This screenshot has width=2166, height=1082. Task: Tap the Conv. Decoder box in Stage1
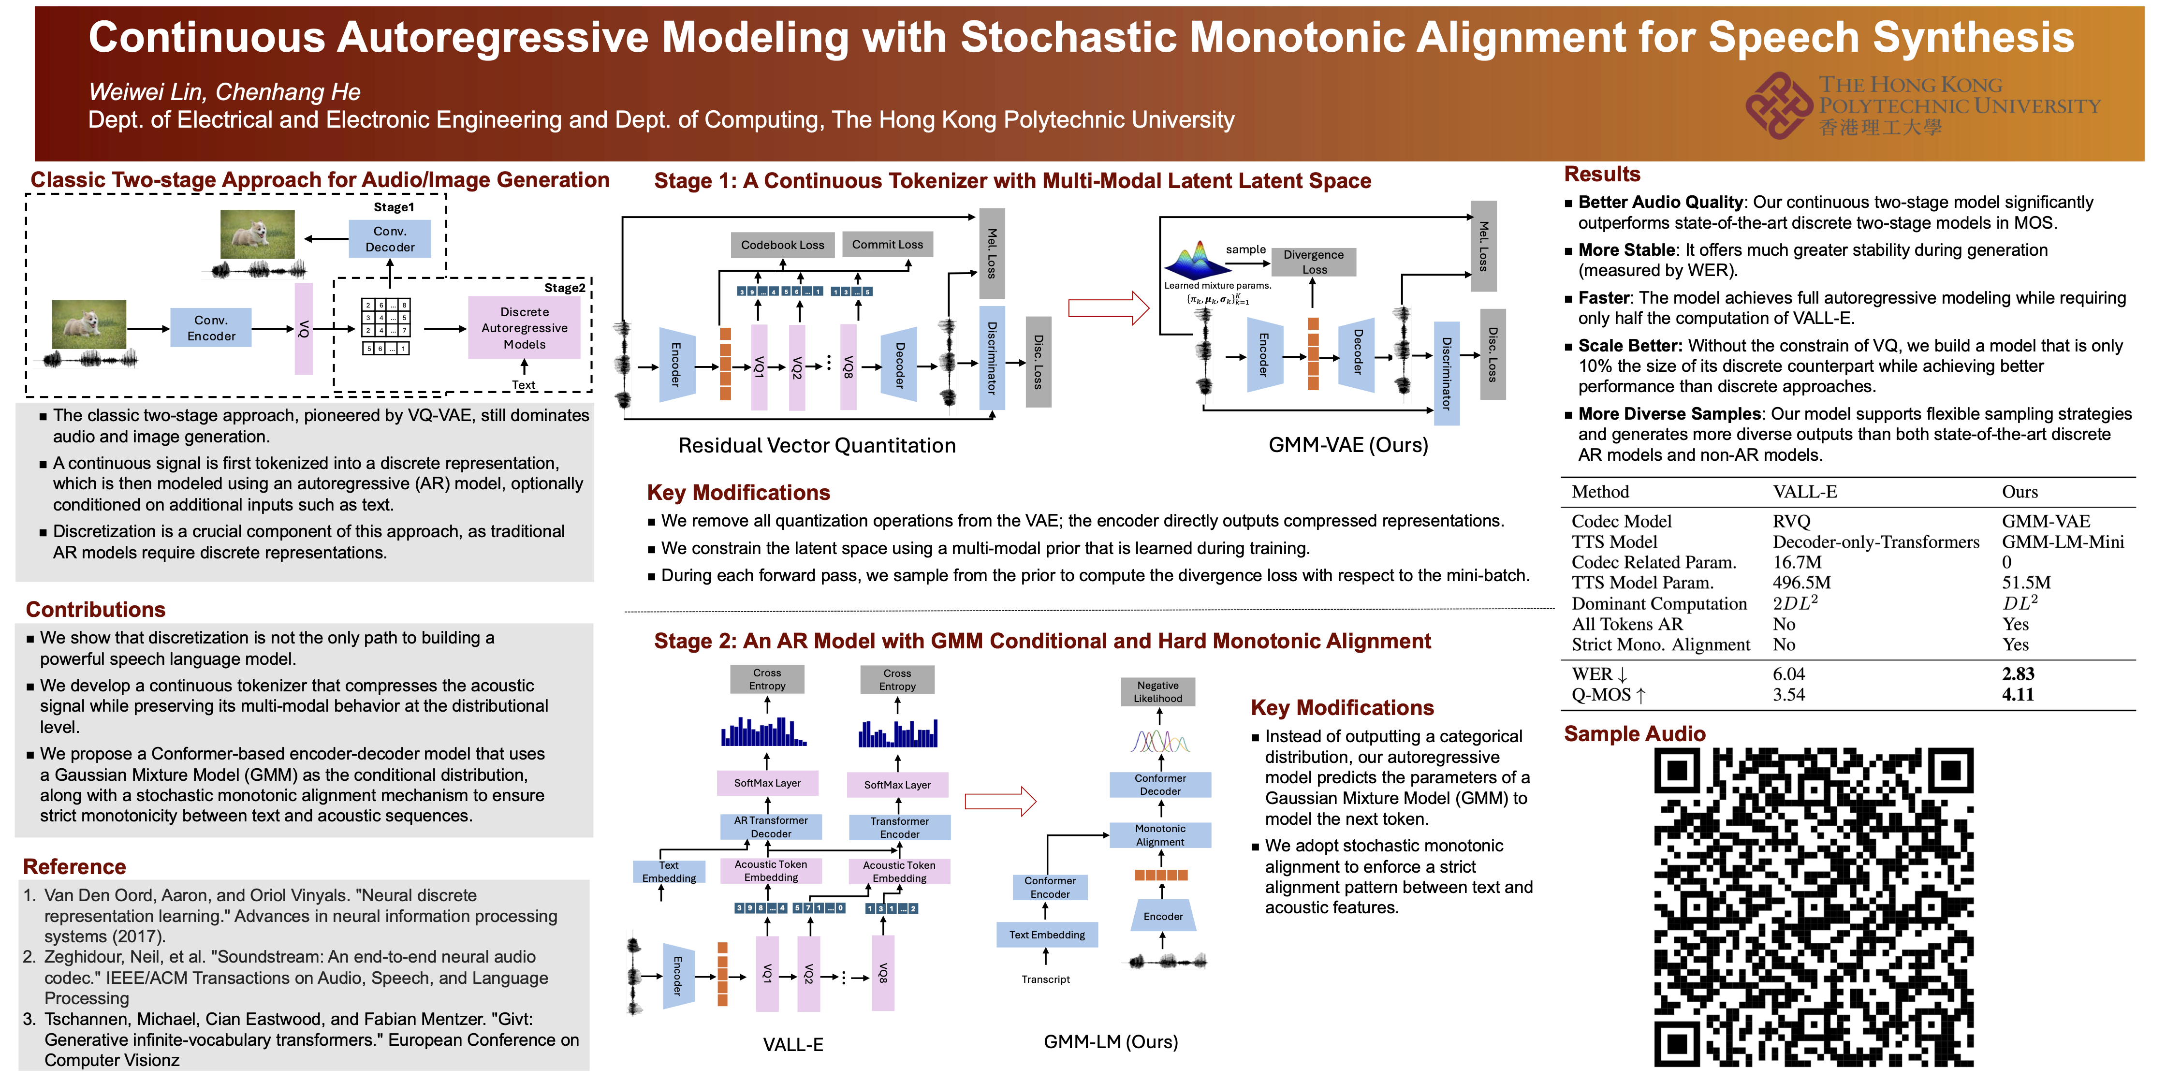[389, 239]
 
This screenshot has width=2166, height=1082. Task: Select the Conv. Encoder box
[211, 328]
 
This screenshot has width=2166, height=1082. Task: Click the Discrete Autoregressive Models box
[524, 328]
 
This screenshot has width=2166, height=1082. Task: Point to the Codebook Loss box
[782, 245]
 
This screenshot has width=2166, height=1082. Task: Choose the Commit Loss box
[887, 245]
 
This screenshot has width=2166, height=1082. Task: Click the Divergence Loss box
[1314, 262]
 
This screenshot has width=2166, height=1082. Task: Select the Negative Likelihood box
[1158, 692]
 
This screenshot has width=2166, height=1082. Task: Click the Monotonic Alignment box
[1160, 835]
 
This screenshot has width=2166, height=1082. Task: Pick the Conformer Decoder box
[1160, 784]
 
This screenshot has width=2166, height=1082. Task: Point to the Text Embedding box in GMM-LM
[1047, 935]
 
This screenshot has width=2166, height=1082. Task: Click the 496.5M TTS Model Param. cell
[1801, 583]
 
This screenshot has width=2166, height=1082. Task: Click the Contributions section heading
[96, 610]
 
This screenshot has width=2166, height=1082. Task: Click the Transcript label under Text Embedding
[1045, 980]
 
